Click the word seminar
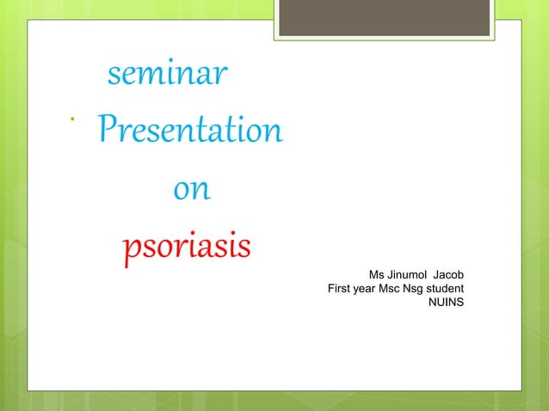(167, 77)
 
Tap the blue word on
(191, 189)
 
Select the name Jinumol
(410, 273)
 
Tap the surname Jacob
(451, 273)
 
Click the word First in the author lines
(340, 288)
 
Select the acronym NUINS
(447, 303)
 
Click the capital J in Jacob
(439, 273)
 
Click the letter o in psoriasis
(159, 248)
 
